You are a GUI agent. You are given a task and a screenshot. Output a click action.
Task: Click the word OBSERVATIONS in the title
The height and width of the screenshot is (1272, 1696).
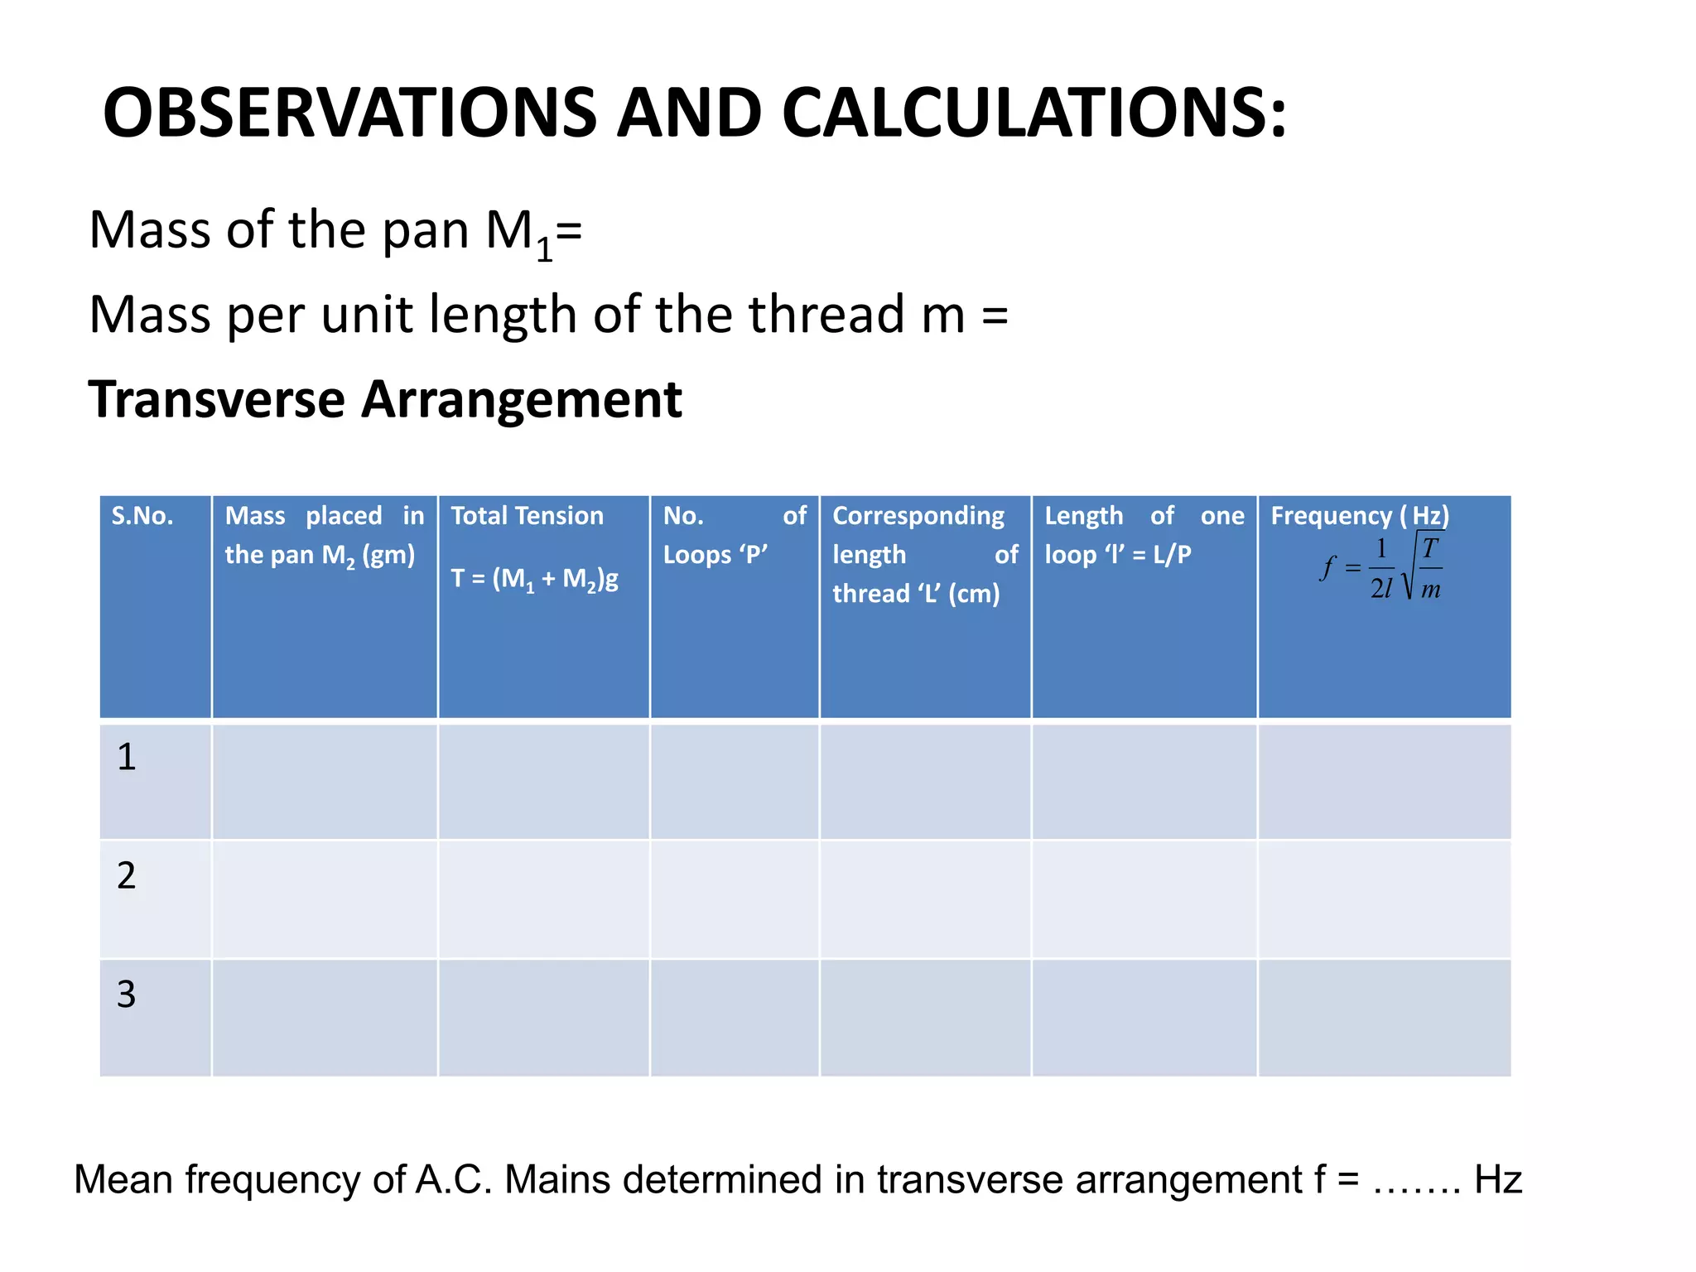pos(349,113)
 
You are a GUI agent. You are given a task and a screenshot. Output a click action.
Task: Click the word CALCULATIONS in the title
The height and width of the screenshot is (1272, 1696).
pos(1033,113)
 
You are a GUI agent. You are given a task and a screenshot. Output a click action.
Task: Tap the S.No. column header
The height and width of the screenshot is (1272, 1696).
pos(142,516)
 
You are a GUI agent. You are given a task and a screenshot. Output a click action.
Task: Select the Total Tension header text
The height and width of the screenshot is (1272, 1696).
pos(528,516)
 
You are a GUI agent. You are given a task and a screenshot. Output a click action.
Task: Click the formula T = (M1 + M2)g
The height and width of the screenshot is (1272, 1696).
pos(534,578)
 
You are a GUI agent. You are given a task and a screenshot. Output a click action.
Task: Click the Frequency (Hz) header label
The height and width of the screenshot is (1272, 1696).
pos(1360,516)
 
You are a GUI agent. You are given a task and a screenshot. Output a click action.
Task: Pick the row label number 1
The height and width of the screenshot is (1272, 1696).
pos(126,757)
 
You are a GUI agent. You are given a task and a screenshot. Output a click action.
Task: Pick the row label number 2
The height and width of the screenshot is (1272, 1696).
pos(126,875)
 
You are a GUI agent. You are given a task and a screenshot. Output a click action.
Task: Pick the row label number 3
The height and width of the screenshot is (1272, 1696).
pos(126,994)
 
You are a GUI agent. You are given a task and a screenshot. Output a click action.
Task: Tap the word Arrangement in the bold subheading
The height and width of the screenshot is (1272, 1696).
pos(522,400)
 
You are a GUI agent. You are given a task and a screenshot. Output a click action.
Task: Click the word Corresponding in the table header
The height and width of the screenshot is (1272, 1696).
pos(918,516)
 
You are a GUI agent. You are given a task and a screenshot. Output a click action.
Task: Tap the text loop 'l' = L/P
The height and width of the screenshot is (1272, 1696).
pos(1117,554)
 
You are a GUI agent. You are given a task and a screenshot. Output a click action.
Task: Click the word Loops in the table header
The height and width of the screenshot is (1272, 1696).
pos(696,554)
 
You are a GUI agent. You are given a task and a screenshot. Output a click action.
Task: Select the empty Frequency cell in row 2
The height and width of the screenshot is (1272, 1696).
pos(1384,899)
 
